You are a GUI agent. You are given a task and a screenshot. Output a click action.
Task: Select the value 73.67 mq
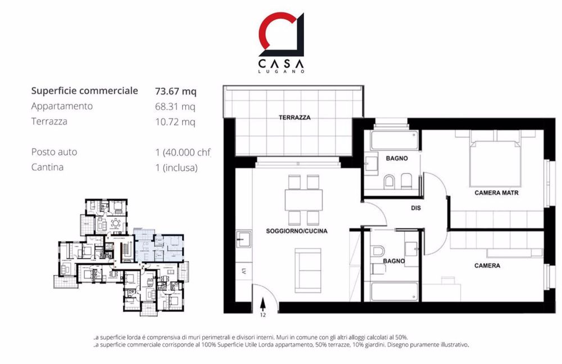pyautogui.click(x=176, y=91)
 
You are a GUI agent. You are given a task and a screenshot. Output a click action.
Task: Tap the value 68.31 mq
pyautogui.click(x=175, y=106)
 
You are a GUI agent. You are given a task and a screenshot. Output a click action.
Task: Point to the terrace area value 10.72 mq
pyautogui.click(x=175, y=122)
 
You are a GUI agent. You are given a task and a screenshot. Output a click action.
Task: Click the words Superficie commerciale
pyautogui.click(x=84, y=91)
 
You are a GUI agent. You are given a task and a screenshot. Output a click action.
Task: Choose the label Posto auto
pyautogui.click(x=55, y=152)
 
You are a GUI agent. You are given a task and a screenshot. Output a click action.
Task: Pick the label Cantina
pyautogui.click(x=48, y=167)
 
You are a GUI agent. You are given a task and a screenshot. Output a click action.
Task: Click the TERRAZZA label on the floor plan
pyautogui.click(x=294, y=118)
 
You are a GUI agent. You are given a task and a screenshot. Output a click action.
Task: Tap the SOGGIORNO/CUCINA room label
pyautogui.click(x=297, y=231)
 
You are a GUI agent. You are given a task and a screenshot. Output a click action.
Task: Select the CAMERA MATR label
pyautogui.click(x=496, y=192)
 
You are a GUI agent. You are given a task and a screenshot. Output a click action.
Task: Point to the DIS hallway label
pyautogui.click(x=416, y=208)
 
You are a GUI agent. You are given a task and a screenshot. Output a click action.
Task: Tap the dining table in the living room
pyautogui.click(x=303, y=199)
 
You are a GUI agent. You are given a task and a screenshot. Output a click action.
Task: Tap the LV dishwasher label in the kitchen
pyautogui.click(x=244, y=272)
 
